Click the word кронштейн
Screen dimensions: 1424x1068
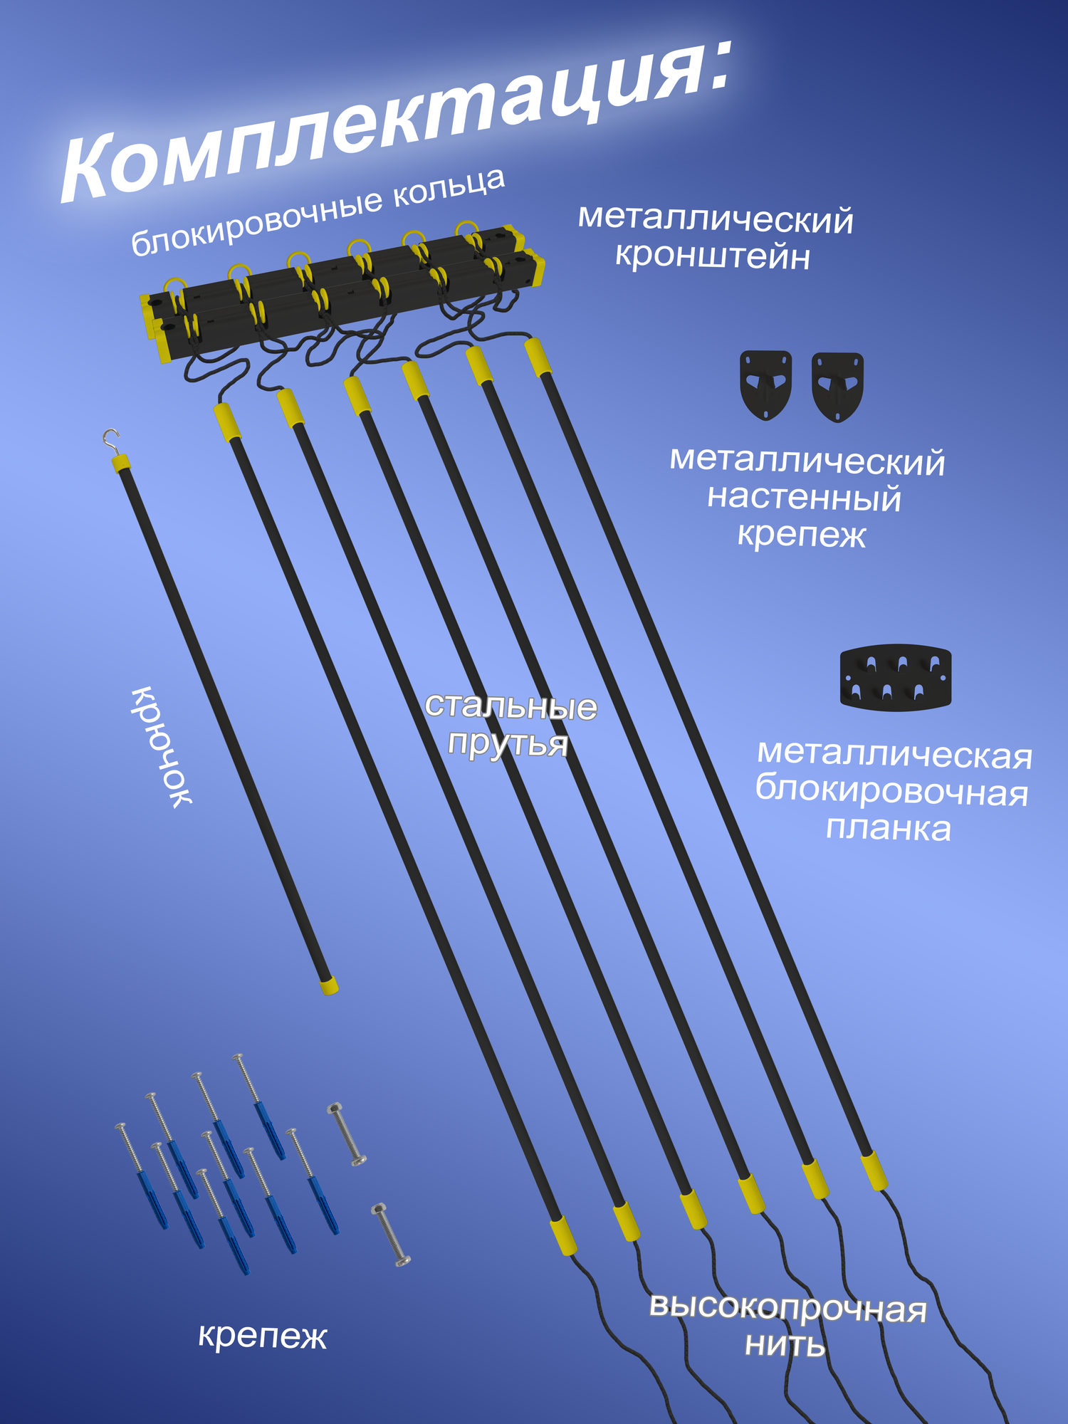point(713,256)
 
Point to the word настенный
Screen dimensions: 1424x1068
point(804,498)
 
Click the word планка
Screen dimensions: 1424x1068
point(888,829)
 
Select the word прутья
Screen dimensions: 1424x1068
point(508,743)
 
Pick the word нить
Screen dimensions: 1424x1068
point(785,1345)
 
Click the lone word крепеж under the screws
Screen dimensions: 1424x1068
point(262,1336)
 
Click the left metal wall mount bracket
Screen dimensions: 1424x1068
point(765,384)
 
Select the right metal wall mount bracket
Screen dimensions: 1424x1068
point(837,387)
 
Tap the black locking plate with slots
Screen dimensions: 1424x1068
point(895,677)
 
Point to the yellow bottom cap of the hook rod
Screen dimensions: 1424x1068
point(328,985)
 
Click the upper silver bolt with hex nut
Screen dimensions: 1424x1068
point(347,1135)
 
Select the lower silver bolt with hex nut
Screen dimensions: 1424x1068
point(391,1235)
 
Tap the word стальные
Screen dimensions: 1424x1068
point(511,706)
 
